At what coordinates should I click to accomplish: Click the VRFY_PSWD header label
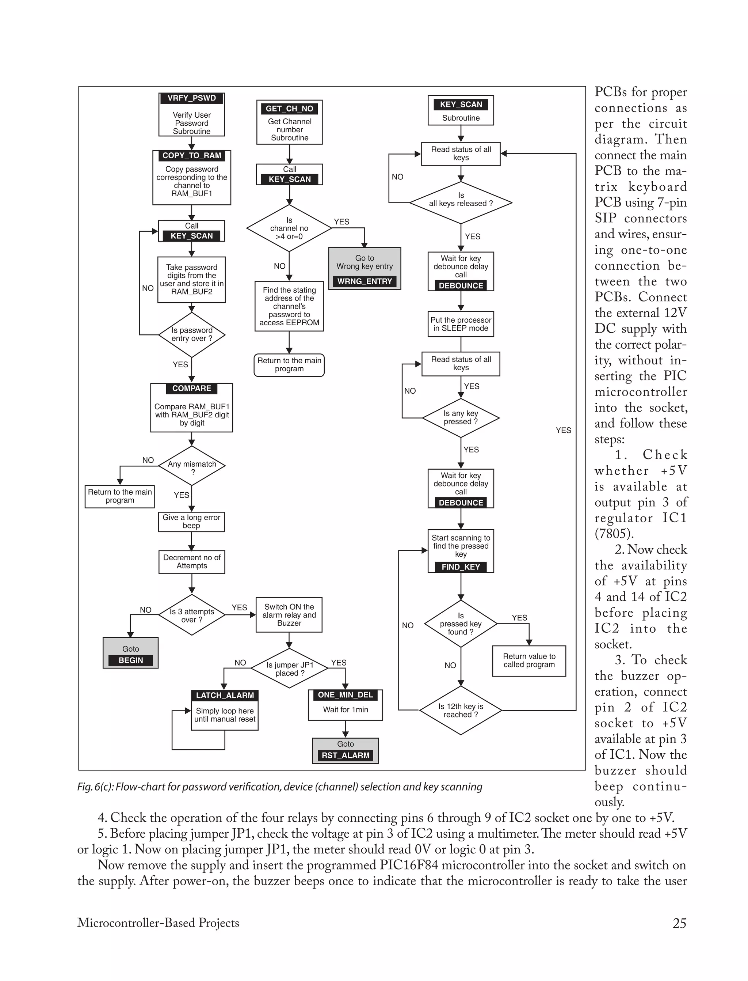(x=191, y=98)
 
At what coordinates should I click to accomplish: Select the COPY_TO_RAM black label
(x=191, y=155)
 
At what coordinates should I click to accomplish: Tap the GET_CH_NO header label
(x=289, y=109)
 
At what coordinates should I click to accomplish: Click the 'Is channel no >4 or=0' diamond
(x=289, y=228)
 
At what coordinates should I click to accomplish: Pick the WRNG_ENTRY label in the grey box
(x=365, y=281)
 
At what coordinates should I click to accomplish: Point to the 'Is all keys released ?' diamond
(x=461, y=203)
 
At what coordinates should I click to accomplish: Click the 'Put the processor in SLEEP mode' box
(x=461, y=324)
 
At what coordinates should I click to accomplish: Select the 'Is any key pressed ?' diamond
(x=461, y=417)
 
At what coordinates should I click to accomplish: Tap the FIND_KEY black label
(x=461, y=567)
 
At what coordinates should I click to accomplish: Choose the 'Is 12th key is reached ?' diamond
(x=461, y=710)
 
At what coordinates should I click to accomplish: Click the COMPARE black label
(x=191, y=389)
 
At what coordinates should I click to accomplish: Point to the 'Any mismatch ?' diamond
(x=192, y=466)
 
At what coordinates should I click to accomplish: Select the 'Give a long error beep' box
(x=191, y=521)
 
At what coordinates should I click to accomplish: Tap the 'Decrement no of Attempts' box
(x=192, y=562)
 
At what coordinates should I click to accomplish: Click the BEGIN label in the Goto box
(x=130, y=660)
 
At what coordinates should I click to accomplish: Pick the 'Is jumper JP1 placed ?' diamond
(x=290, y=668)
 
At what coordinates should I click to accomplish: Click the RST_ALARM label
(x=346, y=755)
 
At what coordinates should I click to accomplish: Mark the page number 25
(x=679, y=923)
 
